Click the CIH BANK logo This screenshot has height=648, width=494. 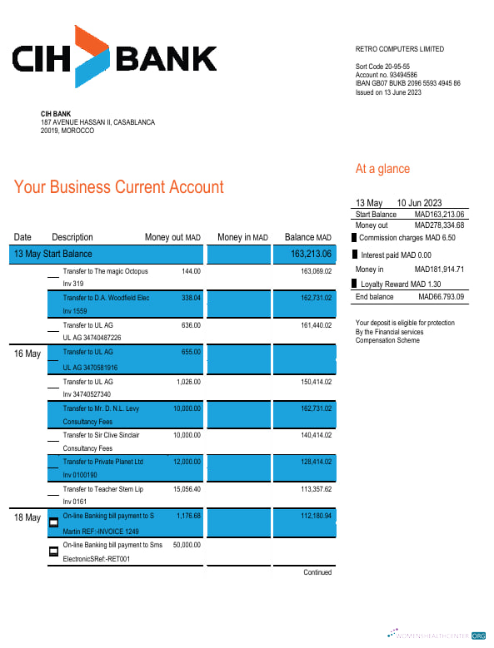pos(114,56)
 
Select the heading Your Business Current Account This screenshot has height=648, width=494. pos(119,187)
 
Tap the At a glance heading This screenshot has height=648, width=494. pos(382,169)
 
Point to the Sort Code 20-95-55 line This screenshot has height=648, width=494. pos(382,67)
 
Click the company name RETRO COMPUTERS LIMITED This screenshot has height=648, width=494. pos(400,49)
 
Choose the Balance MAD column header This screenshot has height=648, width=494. pos(307,237)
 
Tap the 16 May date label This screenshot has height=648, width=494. pos(27,354)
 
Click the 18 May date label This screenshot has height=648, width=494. pos(27,517)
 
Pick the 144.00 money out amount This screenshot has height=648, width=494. pos(192,271)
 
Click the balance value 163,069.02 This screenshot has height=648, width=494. pos(316,271)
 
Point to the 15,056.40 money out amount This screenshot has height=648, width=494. pos(186,489)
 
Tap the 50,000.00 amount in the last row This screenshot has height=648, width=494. pos(185,544)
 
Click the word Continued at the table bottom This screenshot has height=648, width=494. pos(317,572)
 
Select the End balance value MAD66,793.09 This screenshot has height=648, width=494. pos(441,297)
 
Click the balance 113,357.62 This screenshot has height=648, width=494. pos(316,489)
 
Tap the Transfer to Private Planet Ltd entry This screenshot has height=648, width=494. pos(103,462)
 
